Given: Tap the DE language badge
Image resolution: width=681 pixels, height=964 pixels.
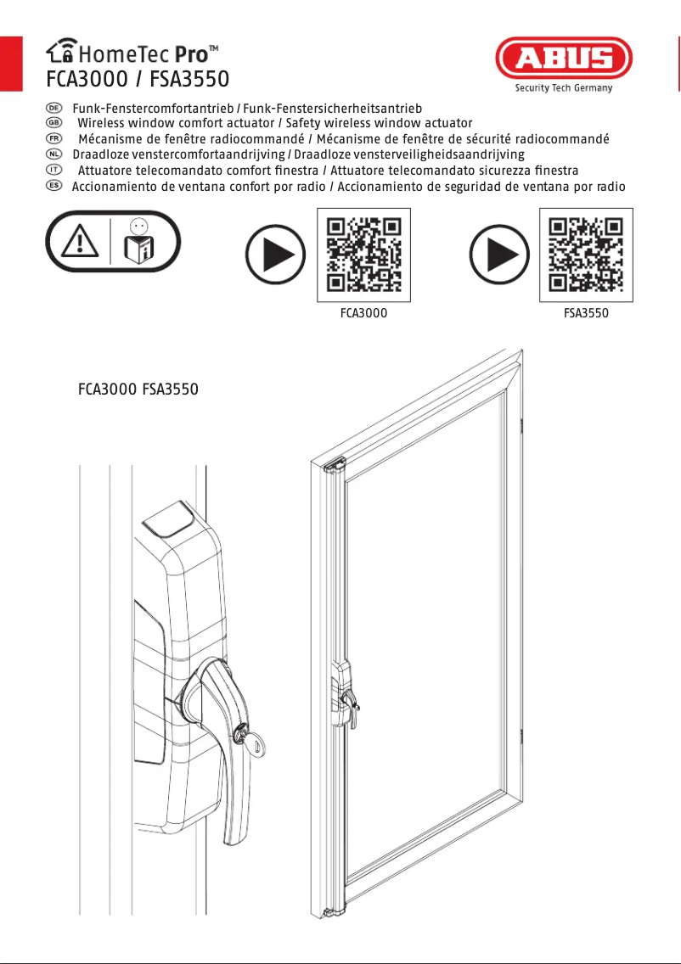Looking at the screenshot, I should (x=53, y=109).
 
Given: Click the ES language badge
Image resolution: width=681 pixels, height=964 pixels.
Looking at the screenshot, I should (x=53, y=185).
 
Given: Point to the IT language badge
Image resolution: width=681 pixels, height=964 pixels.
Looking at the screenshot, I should (x=53, y=170).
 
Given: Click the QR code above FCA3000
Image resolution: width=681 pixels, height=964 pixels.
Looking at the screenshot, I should (x=363, y=255).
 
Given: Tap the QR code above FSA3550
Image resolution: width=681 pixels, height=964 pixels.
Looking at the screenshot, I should (x=586, y=255).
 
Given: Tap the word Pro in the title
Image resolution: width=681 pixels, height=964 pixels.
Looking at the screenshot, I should (x=190, y=56).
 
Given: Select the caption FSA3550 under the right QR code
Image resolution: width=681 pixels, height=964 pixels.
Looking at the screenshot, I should (x=586, y=313).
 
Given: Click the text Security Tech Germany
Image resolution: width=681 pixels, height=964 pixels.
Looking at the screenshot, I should (x=563, y=87).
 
